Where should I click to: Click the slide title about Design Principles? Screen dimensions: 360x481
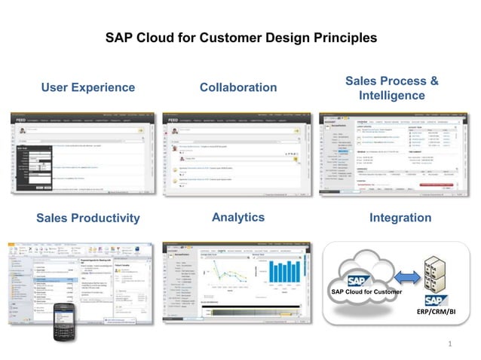click(240, 37)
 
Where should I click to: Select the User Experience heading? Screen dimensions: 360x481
click(88, 87)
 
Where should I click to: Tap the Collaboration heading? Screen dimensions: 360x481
click(238, 87)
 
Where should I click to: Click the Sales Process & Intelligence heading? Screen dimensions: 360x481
click(391, 88)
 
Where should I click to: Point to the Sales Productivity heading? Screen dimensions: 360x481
click(88, 218)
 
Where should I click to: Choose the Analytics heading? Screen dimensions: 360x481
click(238, 217)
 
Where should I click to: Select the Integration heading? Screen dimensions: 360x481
click(400, 218)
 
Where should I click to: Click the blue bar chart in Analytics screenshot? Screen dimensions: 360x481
click(283, 272)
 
